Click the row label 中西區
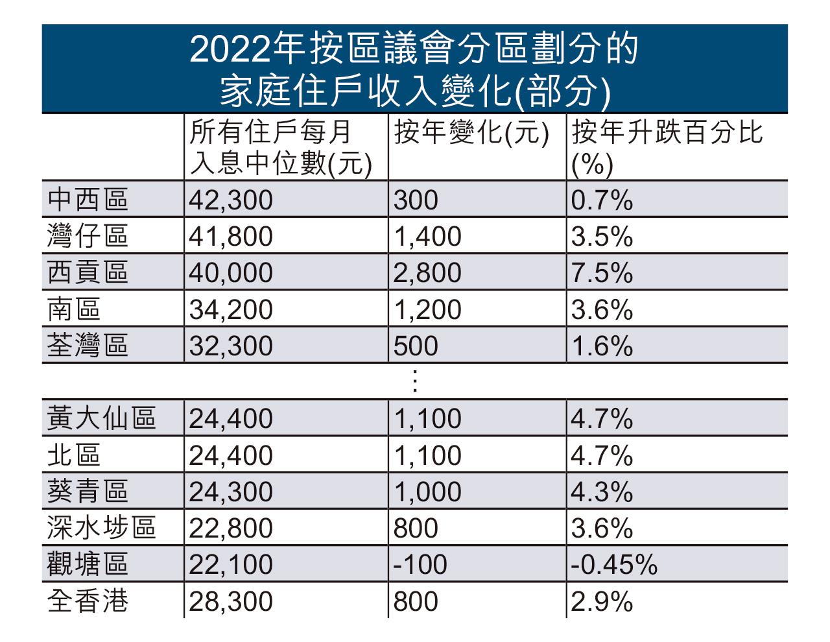click(88, 200)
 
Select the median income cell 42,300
click(231, 200)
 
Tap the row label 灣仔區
click(88, 236)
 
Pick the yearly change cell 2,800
click(427, 273)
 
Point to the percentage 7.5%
click(601, 273)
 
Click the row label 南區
click(74, 309)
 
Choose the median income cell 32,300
click(231, 346)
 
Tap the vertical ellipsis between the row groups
click(415, 381)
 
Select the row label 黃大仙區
click(102, 419)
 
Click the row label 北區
click(74, 455)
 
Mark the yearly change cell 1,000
click(427, 492)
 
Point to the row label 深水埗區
click(102, 529)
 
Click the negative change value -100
click(420, 565)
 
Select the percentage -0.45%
click(614, 565)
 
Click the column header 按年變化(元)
click(472, 134)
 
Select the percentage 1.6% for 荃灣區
click(601, 346)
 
